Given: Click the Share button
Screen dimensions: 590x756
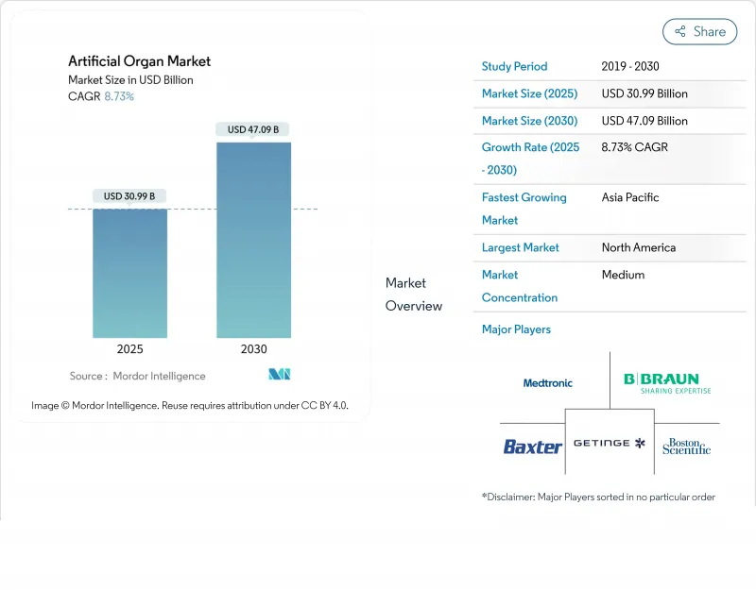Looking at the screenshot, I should [x=699, y=31].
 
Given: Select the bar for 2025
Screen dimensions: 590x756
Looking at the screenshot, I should [x=129, y=273].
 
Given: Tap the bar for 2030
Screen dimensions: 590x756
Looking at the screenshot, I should [x=253, y=240].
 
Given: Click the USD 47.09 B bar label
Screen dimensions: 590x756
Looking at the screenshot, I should [x=253, y=129].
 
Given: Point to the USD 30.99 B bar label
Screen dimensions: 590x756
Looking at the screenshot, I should [x=129, y=196].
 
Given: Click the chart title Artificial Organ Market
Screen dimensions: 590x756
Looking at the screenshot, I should [x=139, y=61].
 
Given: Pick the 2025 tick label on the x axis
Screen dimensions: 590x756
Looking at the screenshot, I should [x=129, y=349].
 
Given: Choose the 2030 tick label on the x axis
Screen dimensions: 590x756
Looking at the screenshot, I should [x=253, y=349].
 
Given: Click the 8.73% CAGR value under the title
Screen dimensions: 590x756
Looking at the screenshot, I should [x=119, y=96].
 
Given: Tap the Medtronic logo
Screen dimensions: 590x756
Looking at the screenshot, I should [x=548, y=383].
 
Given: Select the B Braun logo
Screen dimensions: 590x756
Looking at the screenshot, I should [x=667, y=382].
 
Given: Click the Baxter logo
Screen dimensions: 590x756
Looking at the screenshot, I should [x=532, y=447].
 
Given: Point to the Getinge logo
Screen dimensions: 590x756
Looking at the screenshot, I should [x=609, y=443].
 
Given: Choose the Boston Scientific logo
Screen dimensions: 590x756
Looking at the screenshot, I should [x=686, y=447].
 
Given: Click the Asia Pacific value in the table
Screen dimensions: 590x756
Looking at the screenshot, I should [x=630, y=197].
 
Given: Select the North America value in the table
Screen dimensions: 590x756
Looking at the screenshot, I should [x=639, y=247].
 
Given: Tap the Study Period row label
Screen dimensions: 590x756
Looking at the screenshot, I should [x=514, y=66].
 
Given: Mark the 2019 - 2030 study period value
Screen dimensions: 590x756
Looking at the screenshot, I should [x=630, y=66].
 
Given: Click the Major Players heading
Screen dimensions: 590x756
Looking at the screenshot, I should [x=516, y=329].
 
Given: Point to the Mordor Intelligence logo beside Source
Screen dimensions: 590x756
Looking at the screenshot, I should [x=279, y=375].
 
